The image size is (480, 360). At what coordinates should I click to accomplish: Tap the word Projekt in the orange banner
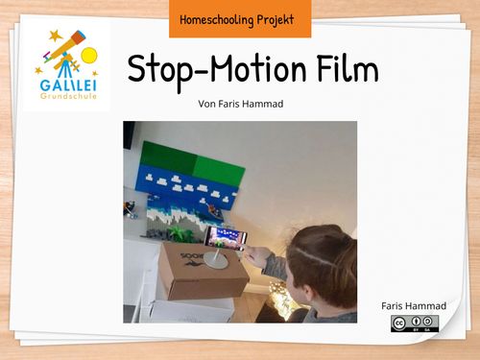275,18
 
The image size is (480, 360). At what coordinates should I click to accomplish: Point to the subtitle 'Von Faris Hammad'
239,103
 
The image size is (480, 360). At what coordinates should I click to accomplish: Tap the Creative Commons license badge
415,324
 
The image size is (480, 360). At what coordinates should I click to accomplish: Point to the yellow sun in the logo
89,55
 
